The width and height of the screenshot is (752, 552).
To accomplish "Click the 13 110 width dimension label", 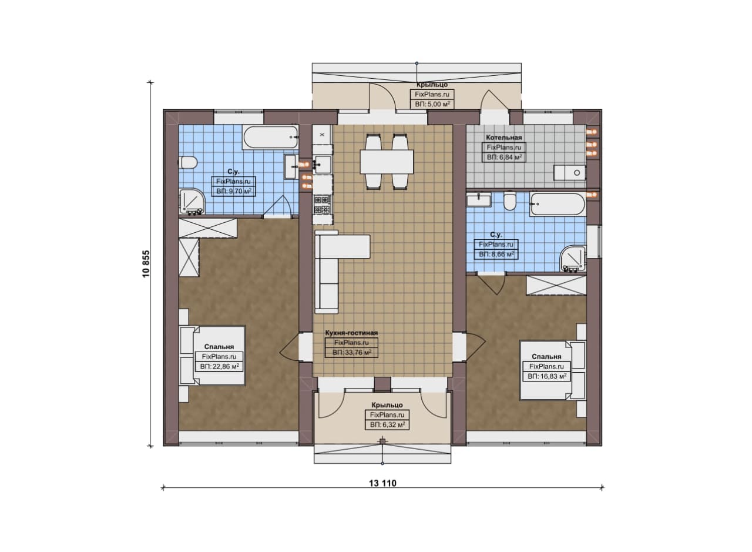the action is tap(382, 483).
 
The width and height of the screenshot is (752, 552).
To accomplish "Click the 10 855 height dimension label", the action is tap(146, 264).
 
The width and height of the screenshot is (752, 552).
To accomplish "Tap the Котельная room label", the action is tap(504, 138).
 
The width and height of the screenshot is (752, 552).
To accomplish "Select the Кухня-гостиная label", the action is tap(351, 333).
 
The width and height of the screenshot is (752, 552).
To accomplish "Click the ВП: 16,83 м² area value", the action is tap(547, 376).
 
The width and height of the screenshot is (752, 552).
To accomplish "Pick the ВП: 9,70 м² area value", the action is tap(234, 192).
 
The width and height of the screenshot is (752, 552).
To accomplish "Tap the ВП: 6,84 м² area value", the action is tap(504, 157).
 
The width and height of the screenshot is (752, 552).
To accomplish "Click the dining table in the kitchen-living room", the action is tap(387, 162).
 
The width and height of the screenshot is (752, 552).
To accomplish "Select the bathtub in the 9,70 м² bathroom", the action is tap(270, 137).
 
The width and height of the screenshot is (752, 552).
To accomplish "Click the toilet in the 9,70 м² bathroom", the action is tap(188, 163).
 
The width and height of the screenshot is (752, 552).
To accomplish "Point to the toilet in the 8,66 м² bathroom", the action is tap(509, 201).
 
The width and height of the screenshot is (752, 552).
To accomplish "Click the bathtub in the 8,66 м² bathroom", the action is tap(558, 204).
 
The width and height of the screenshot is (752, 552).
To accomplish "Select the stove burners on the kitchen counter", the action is tap(323, 205).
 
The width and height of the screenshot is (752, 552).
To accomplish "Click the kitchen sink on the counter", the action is tap(323, 165).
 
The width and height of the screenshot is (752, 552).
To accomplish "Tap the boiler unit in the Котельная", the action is tap(570, 172).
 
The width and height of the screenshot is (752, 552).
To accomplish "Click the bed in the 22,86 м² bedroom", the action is tap(211, 356).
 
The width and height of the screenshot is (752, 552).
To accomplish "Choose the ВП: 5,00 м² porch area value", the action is tap(432, 104).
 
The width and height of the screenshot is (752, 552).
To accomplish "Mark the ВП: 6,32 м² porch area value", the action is tap(387, 424).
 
